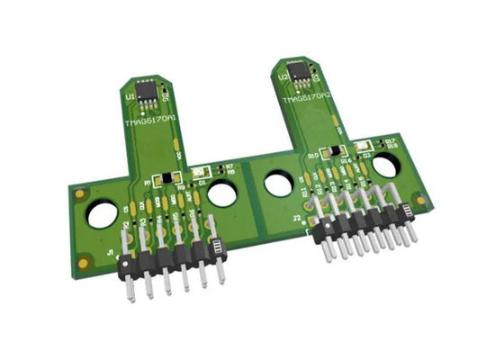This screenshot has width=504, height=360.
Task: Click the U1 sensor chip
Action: tap(149, 93)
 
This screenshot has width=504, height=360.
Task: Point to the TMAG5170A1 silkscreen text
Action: tap(150, 118)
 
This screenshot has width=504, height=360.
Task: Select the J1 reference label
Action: tap(110, 254)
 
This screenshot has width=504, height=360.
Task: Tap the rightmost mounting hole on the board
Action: tap(386, 166)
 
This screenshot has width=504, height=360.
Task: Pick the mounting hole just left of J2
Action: tap(277, 184)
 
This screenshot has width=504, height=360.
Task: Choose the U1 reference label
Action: tap(131, 94)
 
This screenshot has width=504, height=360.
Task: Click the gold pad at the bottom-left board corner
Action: tap(84, 263)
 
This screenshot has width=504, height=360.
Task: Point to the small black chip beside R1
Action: tap(163, 179)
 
